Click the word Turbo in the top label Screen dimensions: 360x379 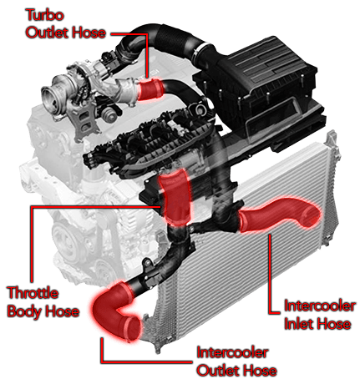44,15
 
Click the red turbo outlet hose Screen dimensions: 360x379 150,89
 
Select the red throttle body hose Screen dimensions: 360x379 176,197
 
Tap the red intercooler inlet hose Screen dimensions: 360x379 278,215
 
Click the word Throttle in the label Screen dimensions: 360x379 33,293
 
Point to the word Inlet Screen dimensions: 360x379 299,324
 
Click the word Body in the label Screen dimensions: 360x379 24,311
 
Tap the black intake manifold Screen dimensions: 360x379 150,142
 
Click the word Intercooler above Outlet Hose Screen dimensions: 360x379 232,353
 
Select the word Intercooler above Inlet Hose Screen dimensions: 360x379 319,306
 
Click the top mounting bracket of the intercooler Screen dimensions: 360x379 333,142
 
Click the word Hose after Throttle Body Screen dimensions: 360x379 62,311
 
